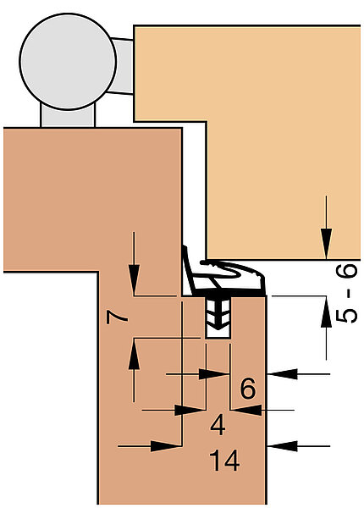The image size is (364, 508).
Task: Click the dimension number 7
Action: pos(117,317)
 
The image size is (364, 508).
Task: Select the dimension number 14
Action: pos(224,460)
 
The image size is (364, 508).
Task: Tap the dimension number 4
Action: pos(218,425)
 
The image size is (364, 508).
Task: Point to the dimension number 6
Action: pos(248,388)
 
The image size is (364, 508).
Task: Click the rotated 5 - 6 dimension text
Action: pos(346,294)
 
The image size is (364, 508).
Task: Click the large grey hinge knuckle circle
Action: pos(68,62)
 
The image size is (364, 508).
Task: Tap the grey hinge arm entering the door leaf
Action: pos(121,66)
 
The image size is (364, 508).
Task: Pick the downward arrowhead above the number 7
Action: pos(134,280)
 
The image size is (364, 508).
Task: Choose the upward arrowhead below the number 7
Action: pos(134,353)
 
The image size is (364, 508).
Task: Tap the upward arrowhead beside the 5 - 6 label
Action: pos(326,312)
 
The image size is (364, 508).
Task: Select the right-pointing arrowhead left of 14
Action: pos(166,446)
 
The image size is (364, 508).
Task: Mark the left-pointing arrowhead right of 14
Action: pos(282,446)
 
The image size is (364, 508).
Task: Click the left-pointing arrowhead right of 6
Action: pos(282,374)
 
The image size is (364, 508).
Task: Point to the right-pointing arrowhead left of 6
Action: pos(213,374)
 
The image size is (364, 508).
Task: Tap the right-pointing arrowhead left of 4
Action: pos(190,410)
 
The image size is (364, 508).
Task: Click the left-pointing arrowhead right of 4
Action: pos(246,410)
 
